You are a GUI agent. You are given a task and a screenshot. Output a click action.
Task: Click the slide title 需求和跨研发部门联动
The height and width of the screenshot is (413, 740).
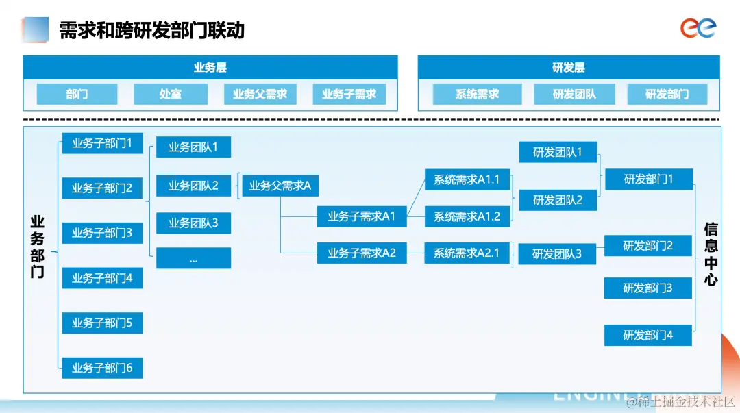pyautogui.click(x=151, y=30)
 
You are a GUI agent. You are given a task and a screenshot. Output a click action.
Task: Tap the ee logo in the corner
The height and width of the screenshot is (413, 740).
pyautogui.click(x=698, y=28)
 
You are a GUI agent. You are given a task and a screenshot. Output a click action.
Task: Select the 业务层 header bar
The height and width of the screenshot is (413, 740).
pyautogui.click(x=210, y=68)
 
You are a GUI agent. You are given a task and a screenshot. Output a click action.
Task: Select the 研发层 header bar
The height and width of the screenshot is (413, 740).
pyautogui.click(x=568, y=68)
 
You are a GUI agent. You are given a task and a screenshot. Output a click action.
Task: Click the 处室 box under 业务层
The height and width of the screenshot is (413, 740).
pyautogui.click(x=171, y=94)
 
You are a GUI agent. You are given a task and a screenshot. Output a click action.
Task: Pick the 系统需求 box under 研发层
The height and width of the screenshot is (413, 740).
pyautogui.click(x=477, y=94)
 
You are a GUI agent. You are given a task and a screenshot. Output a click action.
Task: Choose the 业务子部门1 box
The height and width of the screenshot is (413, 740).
pyautogui.click(x=102, y=143)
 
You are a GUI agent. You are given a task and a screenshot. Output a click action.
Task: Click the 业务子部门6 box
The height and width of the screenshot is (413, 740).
pyautogui.click(x=102, y=368)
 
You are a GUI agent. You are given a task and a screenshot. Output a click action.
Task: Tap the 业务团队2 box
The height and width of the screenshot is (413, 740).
pyautogui.click(x=193, y=186)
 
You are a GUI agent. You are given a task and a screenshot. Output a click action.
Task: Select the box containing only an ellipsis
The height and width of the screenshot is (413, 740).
pyautogui.click(x=193, y=258)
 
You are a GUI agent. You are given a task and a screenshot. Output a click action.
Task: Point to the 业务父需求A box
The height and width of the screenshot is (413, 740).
pyautogui.click(x=280, y=186)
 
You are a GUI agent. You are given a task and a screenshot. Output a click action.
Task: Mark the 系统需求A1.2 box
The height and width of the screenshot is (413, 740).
pyautogui.click(x=467, y=216)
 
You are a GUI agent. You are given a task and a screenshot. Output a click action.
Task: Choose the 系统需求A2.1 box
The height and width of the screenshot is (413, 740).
pyautogui.click(x=467, y=253)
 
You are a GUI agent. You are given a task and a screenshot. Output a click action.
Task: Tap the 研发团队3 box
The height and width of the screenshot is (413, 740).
pyautogui.click(x=557, y=253)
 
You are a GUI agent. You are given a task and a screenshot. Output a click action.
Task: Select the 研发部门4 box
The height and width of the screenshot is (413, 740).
pyautogui.click(x=647, y=335)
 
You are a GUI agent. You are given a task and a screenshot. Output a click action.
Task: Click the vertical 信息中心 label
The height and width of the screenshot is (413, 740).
pyautogui.click(x=711, y=253)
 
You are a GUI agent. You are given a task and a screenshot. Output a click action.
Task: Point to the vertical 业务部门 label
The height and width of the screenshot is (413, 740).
pyautogui.click(x=37, y=247)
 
